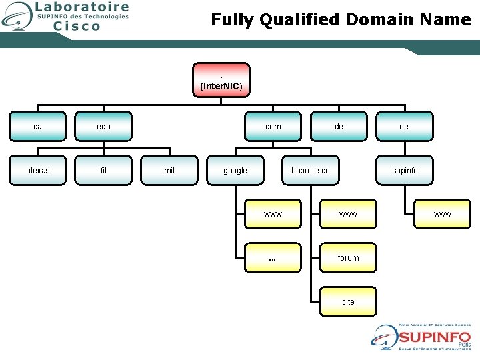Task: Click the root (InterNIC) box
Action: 221,80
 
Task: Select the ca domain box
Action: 37,126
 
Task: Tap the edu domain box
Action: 103,126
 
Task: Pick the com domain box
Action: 273,126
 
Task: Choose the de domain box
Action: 339,126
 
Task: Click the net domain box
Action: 405,126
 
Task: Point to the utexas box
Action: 37,170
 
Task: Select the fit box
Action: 103,170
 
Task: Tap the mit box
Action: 169,170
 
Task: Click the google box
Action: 235,170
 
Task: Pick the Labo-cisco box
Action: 310,170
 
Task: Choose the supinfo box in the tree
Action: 405,170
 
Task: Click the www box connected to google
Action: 273,214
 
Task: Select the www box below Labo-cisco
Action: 348,214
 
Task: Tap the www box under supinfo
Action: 442,214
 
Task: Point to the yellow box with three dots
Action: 273,258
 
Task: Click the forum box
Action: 348,258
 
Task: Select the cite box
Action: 348,301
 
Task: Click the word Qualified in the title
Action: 299,20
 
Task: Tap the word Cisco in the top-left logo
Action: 76,26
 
